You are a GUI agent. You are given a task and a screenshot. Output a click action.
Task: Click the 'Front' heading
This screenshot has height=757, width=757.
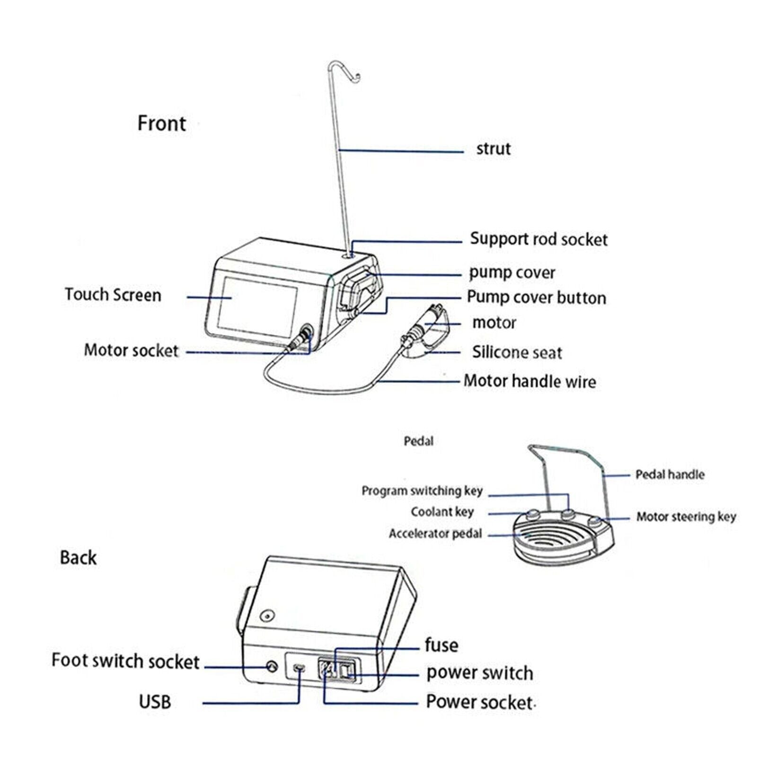[x=162, y=123]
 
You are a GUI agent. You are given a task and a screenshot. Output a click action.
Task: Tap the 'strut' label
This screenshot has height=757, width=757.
[x=493, y=149]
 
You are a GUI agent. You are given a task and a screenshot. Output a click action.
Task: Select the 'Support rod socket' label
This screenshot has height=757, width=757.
[x=538, y=239]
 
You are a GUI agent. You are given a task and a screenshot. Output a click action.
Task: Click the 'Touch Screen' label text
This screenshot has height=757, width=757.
[x=113, y=295]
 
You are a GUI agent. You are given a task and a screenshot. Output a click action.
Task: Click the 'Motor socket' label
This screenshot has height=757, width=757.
[x=131, y=351]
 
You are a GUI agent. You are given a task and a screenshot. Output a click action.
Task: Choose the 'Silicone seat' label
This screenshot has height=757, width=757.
[x=517, y=352]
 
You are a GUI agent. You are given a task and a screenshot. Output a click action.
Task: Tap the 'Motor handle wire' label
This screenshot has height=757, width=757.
[x=529, y=381]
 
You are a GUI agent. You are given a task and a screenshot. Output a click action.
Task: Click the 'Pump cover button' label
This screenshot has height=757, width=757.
[x=536, y=298]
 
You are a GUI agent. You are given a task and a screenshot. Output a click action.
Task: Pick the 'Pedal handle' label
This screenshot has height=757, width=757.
[x=669, y=475]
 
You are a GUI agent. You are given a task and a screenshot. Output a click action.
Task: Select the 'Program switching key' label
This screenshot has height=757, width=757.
[x=422, y=491]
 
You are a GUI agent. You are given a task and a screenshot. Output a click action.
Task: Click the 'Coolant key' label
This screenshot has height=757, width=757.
[x=442, y=512]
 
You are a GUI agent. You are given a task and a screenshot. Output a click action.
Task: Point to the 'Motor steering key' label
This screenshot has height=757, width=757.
[x=686, y=517]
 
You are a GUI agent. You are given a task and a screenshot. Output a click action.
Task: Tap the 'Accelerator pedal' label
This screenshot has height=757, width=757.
[x=435, y=534]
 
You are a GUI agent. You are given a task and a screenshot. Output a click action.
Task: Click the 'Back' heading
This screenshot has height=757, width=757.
[x=78, y=558]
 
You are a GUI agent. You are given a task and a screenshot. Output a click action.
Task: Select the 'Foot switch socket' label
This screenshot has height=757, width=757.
[x=125, y=661]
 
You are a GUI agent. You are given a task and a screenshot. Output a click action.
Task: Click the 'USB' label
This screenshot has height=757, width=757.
[x=155, y=702]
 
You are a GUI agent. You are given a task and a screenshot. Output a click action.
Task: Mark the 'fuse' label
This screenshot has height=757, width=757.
[x=441, y=645]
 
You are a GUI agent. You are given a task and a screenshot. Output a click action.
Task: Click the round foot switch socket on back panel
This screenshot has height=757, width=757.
[x=272, y=667]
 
